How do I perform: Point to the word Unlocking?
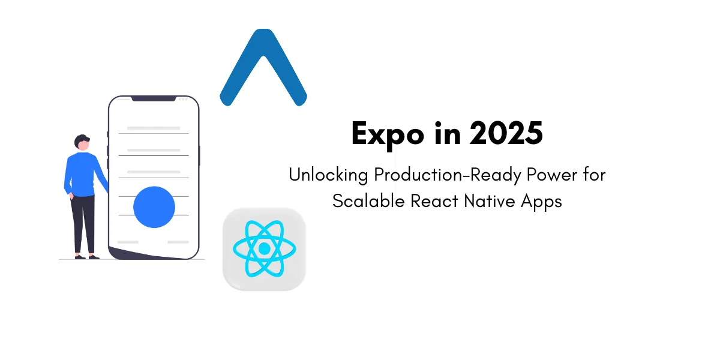click(329, 175)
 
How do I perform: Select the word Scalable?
click(369, 201)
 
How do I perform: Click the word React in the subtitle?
click(434, 201)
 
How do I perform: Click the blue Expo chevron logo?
click(263, 66)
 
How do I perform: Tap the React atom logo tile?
click(264, 249)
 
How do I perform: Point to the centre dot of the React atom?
click(264, 248)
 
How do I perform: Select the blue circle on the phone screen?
click(154, 207)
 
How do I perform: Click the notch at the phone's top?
click(154, 98)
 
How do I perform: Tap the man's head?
click(82, 143)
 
